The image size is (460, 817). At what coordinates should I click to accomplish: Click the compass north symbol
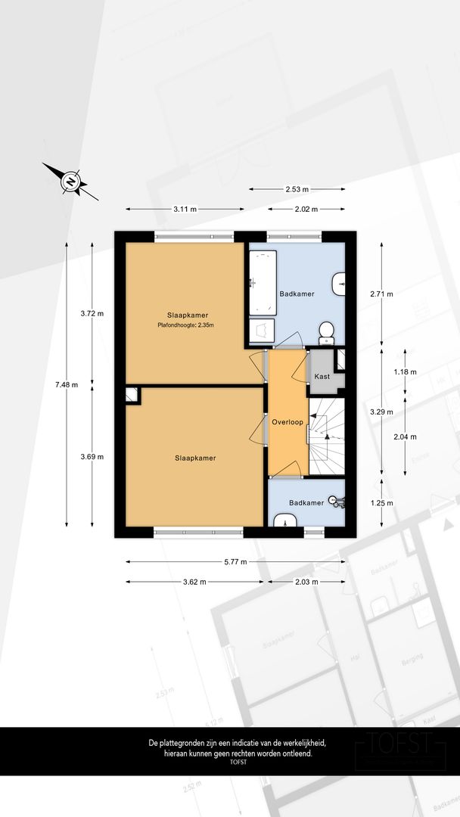click(70, 182)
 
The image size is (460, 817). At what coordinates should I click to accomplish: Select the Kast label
click(322, 376)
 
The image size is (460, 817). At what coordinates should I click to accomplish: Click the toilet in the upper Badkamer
click(327, 330)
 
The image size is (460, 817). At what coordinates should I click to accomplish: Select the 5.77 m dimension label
click(236, 562)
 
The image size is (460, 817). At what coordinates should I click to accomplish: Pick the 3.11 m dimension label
click(185, 209)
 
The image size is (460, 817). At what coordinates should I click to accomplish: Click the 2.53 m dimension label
click(297, 189)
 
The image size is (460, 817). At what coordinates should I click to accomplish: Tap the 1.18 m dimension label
click(406, 372)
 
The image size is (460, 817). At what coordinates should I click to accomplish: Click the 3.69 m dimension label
click(92, 456)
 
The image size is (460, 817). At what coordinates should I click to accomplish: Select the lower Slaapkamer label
click(195, 457)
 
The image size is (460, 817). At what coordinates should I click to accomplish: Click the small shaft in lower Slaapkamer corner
click(132, 393)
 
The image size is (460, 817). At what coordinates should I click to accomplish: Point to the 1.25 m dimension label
click(381, 502)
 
